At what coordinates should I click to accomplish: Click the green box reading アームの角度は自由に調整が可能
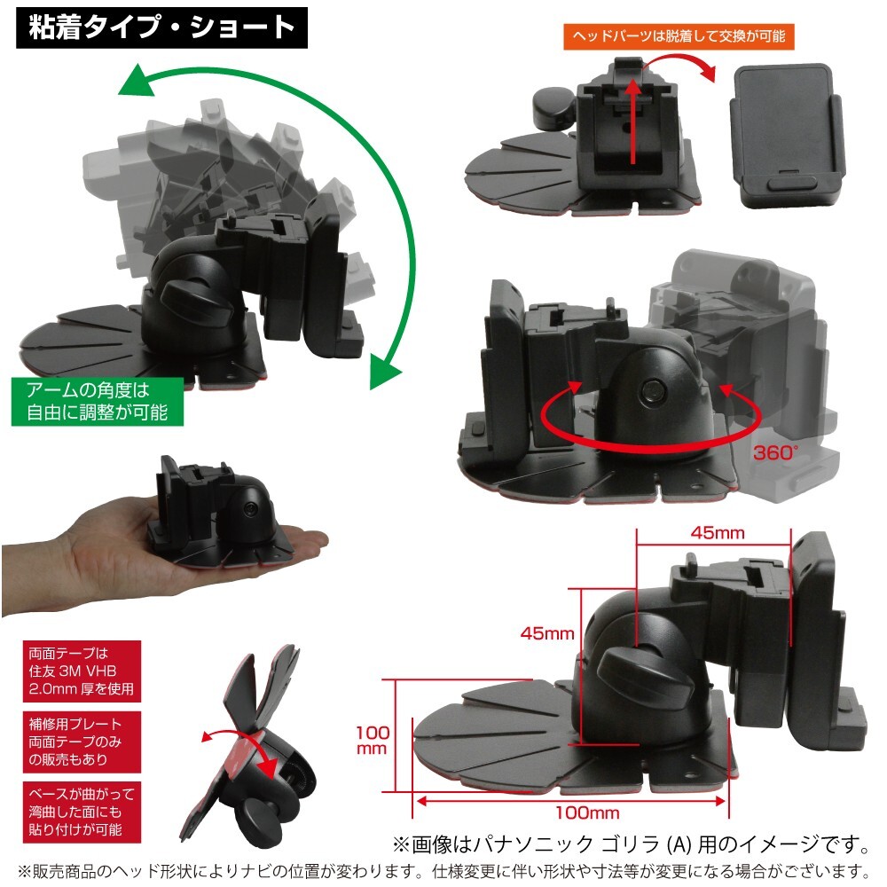[98, 400]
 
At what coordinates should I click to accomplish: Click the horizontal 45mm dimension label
[718, 533]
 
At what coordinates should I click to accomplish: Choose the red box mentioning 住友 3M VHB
[80, 671]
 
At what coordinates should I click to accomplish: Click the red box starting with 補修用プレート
[80, 741]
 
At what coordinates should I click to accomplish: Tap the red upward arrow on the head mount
[632, 120]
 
